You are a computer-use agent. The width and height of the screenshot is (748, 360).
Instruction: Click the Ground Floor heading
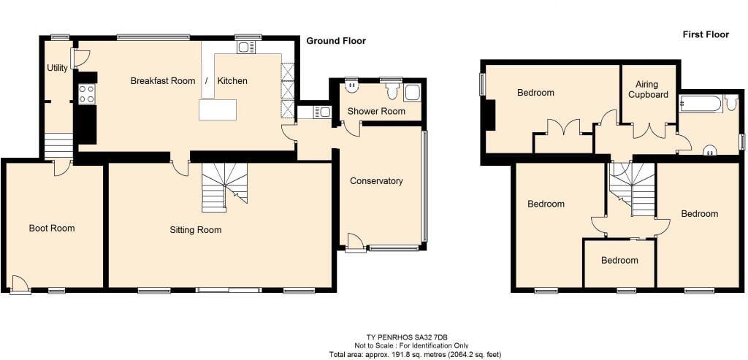336,41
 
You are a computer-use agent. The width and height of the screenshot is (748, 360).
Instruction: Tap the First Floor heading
706,34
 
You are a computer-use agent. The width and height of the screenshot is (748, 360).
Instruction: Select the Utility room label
57,68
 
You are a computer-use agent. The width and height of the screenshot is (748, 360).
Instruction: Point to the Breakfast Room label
163,80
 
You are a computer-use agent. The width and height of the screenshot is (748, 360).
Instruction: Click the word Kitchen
232,80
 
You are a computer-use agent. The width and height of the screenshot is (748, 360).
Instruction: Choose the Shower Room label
375,111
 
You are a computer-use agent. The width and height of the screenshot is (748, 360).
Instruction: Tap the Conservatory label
376,181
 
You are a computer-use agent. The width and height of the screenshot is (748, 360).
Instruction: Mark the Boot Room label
52,229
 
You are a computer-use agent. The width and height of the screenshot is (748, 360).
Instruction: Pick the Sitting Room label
196,230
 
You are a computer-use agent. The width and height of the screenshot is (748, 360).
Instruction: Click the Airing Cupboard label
648,90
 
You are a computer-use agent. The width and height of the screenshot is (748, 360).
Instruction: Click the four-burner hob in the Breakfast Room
86,93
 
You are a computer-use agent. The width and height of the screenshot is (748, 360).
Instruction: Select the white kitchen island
218,110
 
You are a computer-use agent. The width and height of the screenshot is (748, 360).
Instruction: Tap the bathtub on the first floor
701,103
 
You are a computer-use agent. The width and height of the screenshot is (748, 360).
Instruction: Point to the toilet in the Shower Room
392,91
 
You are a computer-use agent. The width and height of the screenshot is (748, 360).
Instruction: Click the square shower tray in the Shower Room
413,93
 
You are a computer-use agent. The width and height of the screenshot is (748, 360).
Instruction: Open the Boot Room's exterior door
20,284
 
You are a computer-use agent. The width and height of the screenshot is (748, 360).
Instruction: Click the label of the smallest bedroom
619,260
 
